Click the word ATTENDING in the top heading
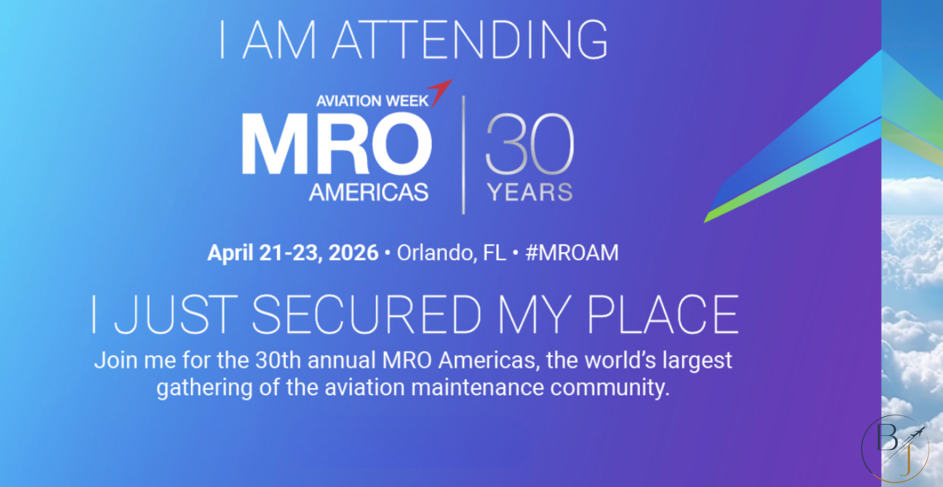coord(471,40)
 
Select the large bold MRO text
coord(337,144)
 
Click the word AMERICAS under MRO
coord(369,192)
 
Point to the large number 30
coord(529,144)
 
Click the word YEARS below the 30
coord(530,193)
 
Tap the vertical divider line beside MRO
coord(463,155)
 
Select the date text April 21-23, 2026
coord(293,253)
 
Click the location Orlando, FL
coord(451,253)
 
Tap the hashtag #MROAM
coord(572,252)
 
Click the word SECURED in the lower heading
coord(367,314)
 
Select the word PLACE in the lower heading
coord(663,314)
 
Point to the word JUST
coord(176,314)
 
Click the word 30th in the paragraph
coord(278,361)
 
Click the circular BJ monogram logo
coord(895,448)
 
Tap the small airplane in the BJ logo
coord(916,434)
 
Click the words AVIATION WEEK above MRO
coord(372,101)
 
